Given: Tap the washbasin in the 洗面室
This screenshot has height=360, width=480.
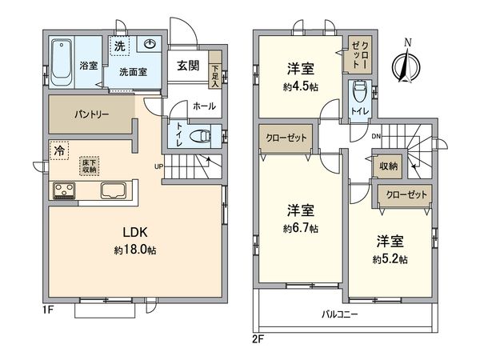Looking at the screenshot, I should tap(150, 46).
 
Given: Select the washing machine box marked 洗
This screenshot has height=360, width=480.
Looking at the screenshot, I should tap(118, 44).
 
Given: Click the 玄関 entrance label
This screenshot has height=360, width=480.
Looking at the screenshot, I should tap(188, 65).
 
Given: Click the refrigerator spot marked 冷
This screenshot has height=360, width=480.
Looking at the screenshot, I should tap(59, 149).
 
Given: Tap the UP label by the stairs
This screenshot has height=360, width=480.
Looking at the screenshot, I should tap(160, 167).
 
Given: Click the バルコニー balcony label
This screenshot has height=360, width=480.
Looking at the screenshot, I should tap(339, 314).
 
